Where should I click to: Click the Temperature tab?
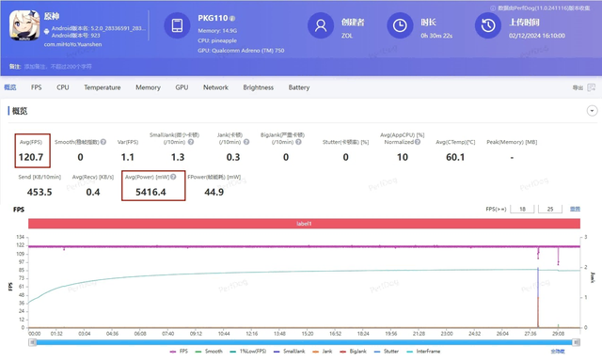[x=102, y=87]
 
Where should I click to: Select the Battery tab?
[x=299, y=87]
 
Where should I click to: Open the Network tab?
[x=215, y=87]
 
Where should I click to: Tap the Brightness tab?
[x=258, y=87]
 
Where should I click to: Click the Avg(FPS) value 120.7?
[x=32, y=158]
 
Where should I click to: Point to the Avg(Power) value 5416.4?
[x=150, y=193]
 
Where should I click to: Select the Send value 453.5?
[x=40, y=193]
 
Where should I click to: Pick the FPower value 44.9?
[x=214, y=193]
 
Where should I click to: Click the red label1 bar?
[x=304, y=224]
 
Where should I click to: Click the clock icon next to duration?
[x=400, y=25]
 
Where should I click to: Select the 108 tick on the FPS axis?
[x=20, y=254]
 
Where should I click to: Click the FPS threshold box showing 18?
[x=522, y=209]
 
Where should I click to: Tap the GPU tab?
[x=182, y=87]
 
